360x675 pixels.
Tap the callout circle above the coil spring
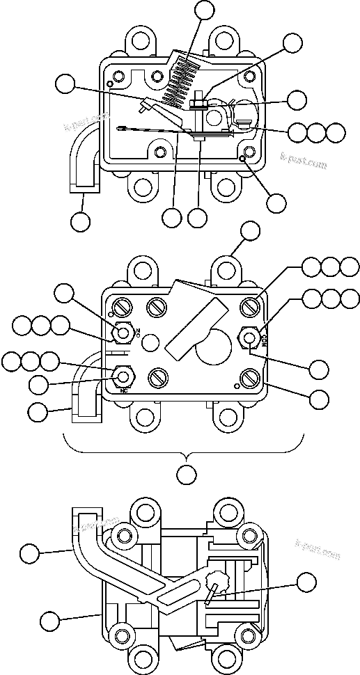click(x=205, y=9)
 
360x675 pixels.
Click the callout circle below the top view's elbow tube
click(x=81, y=222)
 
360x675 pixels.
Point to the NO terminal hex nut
click(x=123, y=333)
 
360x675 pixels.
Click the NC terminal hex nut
click(x=123, y=376)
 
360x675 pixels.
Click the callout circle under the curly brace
click(x=185, y=475)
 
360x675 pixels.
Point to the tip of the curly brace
click(x=185, y=455)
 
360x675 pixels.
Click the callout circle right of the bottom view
click(x=306, y=582)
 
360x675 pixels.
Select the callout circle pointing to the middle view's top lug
click(x=249, y=231)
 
